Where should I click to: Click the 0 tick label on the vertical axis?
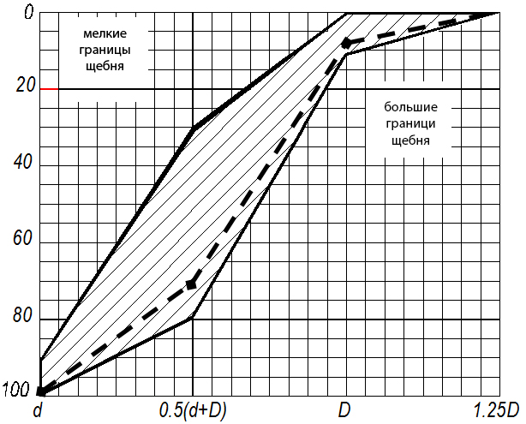point(29,11)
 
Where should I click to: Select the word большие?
point(410,108)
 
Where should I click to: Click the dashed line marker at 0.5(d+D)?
point(191,284)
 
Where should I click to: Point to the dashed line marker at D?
point(345,42)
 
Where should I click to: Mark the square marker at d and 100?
point(40,391)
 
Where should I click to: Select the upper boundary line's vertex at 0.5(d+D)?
point(193,128)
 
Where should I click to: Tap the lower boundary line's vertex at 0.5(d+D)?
point(193,318)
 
